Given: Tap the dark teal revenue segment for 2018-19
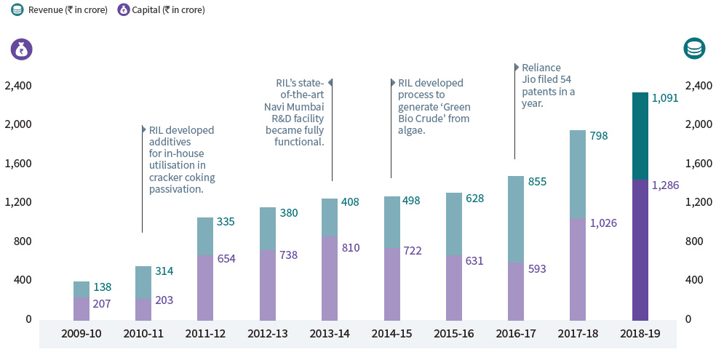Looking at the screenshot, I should point(640,135).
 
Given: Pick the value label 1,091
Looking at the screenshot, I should point(665,98).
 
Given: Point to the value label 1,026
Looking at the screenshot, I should point(603,223).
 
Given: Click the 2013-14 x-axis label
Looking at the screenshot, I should point(329,335).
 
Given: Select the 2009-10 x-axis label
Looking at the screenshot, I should point(81,335).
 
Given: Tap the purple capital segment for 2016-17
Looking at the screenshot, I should point(516,291).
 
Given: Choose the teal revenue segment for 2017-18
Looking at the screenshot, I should point(578,174).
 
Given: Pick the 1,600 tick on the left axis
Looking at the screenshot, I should point(17,164).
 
